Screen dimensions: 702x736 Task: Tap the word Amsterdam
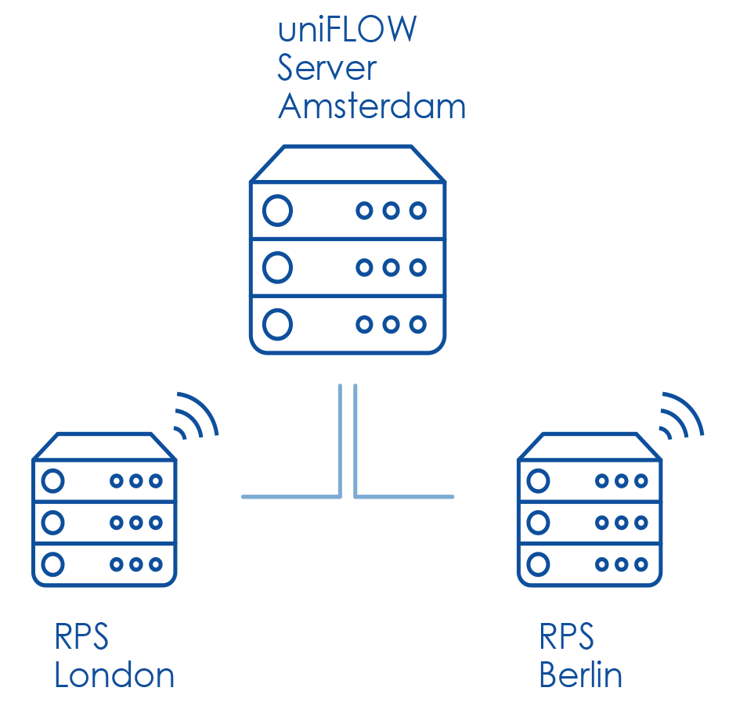372,106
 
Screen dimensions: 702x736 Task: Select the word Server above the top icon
327,68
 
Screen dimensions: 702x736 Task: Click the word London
114,675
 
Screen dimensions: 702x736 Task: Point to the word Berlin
581,675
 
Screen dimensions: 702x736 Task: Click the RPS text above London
81,637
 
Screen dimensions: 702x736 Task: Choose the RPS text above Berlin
567,637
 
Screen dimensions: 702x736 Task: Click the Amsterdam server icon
348,250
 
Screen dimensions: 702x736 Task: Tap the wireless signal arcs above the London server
196,416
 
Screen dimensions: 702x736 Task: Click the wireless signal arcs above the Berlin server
681,416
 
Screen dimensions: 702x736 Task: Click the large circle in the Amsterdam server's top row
278,211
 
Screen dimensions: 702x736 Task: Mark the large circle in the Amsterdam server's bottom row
278,323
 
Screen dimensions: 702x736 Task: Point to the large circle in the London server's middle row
52,521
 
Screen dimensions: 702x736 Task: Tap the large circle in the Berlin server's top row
538,480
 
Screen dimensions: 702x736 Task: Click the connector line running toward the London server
290,496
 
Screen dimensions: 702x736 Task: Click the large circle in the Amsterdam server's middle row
278,268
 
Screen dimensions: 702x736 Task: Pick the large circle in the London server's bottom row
52,563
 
